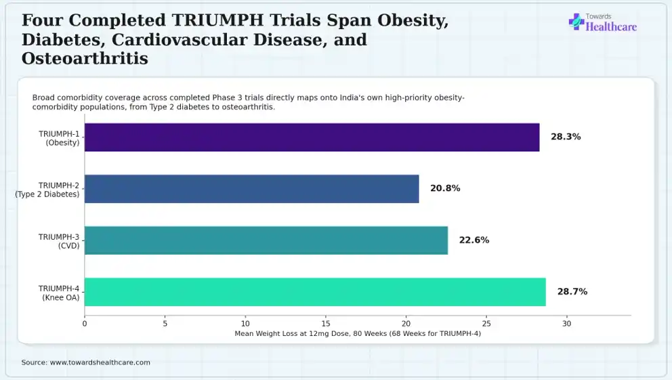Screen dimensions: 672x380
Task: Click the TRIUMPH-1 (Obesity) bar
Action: click(312, 137)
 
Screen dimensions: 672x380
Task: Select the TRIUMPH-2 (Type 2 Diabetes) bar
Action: click(251, 188)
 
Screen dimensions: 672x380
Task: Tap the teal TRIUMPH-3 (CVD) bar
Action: click(266, 240)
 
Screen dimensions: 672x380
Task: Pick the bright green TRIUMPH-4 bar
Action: click(315, 292)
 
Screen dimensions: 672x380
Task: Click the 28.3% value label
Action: click(566, 137)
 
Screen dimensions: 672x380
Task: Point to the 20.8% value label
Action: click(445, 188)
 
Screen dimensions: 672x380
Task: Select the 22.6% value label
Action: click(474, 240)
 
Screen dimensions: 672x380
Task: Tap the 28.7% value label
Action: click(572, 291)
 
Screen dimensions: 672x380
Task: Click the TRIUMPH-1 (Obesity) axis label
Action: click(59, 138)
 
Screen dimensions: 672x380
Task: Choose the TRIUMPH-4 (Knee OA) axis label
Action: click(59, 293)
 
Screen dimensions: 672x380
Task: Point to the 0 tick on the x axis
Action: click(85, 324)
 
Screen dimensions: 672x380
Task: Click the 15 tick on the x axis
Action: click(326, 324)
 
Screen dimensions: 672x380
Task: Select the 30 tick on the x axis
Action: click(566, 324)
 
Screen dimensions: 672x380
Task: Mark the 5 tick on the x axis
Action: click(165, 324)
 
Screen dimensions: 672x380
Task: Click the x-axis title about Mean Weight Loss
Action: click(358, 334)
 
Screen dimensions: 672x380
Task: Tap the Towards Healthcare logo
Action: click(603, 23)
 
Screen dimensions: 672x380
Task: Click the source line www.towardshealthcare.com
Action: click(86, 362)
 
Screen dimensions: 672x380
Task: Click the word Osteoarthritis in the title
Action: click(85, 59)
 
